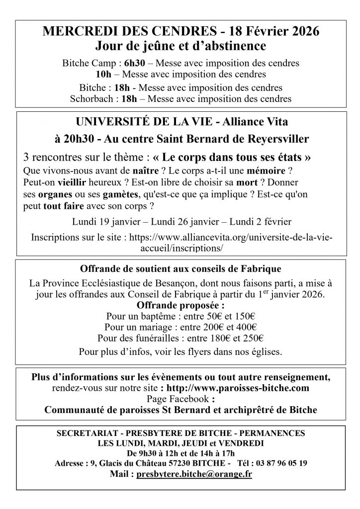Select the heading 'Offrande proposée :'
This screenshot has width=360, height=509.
click(x=180, y=306)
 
